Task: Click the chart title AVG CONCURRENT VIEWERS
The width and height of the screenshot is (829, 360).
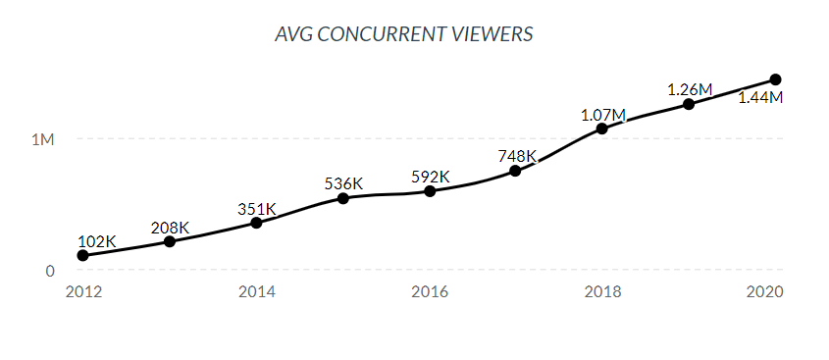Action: [404, 34]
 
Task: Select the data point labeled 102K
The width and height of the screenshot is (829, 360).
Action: [83, 255]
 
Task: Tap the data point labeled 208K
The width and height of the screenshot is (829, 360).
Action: [170, 241]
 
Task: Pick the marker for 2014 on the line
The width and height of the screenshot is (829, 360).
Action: [256, 223]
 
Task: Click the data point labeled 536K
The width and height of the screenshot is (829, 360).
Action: [343, 198]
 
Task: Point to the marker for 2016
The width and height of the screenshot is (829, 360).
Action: [430, 190]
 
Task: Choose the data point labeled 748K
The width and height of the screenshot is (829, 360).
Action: [516, 171]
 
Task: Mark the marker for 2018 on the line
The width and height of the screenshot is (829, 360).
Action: [602, 129]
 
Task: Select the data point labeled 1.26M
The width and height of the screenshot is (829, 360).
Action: [689, 104]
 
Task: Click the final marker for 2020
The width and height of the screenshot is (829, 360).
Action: [775, 79]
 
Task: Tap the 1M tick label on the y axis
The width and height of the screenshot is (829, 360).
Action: [43, 139]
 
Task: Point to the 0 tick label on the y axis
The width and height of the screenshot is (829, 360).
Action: [49, 271]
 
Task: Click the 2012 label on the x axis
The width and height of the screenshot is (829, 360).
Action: [83, 292]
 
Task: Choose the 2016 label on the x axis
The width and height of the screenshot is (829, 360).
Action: [430, 292]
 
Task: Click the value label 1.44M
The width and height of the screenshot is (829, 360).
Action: [760, 98]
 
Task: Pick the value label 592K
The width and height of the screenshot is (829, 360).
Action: [430, 178]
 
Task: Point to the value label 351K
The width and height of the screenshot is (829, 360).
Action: [257, 209]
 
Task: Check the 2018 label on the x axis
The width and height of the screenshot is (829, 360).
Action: [602, 292]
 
